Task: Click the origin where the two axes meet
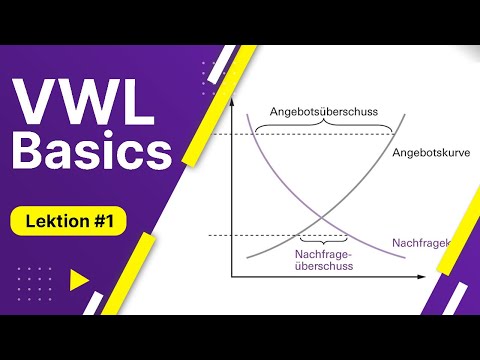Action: tap(232, 275)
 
